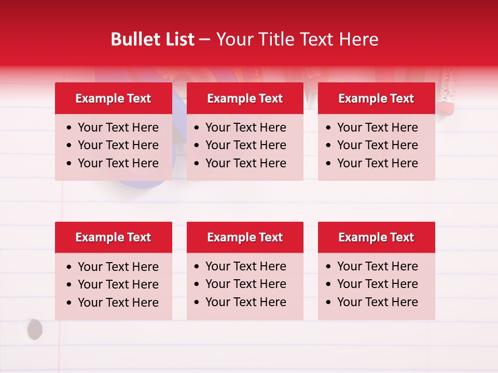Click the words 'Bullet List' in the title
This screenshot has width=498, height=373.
pyautogui.click(x=153, y=39)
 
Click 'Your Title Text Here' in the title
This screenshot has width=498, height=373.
pyautogui.click(x=297, y=39)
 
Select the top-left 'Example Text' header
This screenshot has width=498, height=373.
pyautogui.click(x=113, y=98)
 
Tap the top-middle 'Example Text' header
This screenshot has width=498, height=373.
pyautogui.click(x=245, y=98)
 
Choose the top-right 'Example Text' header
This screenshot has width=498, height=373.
pyautogui.click(x=376, y=98)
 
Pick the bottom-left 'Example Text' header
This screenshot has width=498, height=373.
pyautogui.click(x=113, y=237)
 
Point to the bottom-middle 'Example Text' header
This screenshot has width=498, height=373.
pyautogui.click(x=245, y=237)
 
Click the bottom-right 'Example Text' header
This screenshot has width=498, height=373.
pyautogui.click(x=376, y=237)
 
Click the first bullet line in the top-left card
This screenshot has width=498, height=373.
pyautogui.click(x=118, y=127)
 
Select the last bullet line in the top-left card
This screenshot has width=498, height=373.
pyautogui.click(x=118, y=163)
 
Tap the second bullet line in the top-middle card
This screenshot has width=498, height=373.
pyautogui.click(x=245, y=145)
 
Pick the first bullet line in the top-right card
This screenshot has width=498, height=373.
pyautogui.click(x=377, y=127)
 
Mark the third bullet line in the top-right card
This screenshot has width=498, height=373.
pyautogui.click(x=377, y=163)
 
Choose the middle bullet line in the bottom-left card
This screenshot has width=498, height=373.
pyautogui.click(x=118, y=284)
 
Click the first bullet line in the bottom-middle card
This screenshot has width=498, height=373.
pyautogui.click(x=245, y=266)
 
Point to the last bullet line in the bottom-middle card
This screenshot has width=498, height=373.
pyautogui.click(x=245, y=302)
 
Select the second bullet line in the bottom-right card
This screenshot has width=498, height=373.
pyautogui.click(x=377, y=284)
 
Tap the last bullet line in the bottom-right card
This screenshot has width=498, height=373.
pyautogui.click(x=377, y=302)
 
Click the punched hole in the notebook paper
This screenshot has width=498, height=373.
pyautogui.click(x=34, y=329)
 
